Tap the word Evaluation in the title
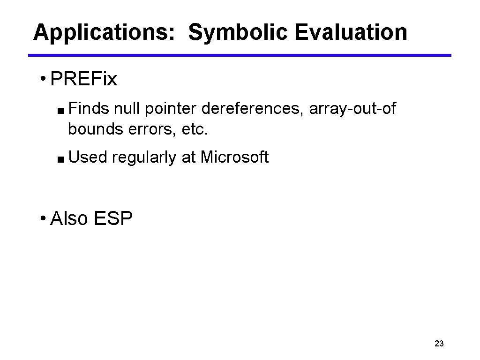[351, 33]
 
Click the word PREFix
[83, 80]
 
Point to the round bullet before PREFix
[43, 78]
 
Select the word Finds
[89, 109]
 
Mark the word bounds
[95, 129]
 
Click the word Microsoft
[234, 157]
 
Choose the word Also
[69, 218]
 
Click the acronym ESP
[113, 218]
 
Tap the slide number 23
[439, 344]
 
